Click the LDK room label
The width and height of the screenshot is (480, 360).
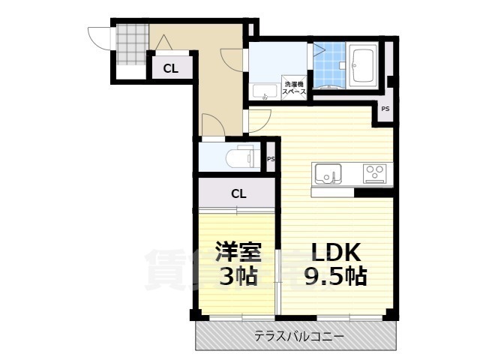332,251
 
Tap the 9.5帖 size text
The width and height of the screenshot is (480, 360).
335,276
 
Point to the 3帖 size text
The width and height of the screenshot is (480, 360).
238,276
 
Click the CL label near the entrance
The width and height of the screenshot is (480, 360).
170,68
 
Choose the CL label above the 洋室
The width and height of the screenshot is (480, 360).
238,193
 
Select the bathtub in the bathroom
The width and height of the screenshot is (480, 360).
364,68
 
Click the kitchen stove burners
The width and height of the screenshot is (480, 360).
373,173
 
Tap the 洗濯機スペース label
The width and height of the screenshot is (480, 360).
293,88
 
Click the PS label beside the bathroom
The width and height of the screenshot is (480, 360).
385,109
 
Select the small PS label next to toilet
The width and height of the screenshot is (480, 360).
271,159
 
